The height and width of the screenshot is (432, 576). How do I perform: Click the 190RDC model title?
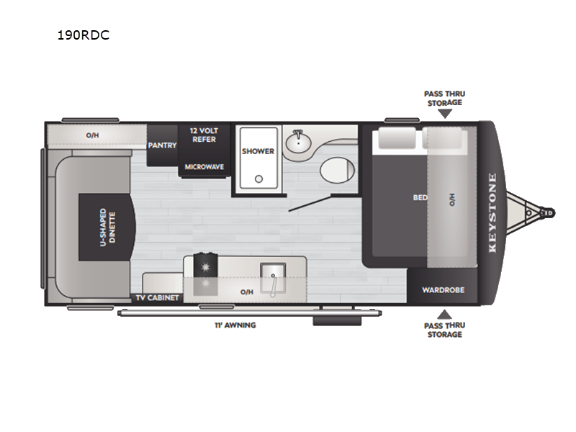[x=84, y=35]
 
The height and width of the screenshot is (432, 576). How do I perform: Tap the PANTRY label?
[x=163, y=145]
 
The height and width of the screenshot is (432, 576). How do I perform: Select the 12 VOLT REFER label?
[x=204, y=135]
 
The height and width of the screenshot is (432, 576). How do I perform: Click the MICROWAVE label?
[x=204, y=167]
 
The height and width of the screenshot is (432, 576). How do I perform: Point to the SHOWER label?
[x=258, y=151]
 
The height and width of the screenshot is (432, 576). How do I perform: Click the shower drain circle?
[x=259, y=179]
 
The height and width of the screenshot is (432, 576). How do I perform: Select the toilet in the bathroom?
[x=338, y=170]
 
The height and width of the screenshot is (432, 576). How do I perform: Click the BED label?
[x=420, y=197]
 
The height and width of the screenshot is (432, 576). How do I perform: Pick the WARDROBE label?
[x=443, y=290]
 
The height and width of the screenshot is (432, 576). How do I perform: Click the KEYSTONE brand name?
[x=492, y=212]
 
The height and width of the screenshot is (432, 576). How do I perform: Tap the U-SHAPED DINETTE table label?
[x=108, y=228]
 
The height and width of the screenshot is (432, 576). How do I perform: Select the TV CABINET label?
[x=157, y=298]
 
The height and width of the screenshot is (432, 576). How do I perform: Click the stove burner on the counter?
[x=206, y=266]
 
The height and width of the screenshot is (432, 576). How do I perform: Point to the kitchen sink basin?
[x=273, y=279]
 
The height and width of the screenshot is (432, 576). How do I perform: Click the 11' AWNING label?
[x=235, y=325]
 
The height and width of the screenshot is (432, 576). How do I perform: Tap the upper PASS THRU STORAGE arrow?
[x=445, y=114]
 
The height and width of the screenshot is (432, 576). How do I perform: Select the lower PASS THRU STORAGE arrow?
[x=444, y=314]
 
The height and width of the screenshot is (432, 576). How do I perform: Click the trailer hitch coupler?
[x=548, y=212]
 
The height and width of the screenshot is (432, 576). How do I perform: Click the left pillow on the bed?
[x=397, y=138]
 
